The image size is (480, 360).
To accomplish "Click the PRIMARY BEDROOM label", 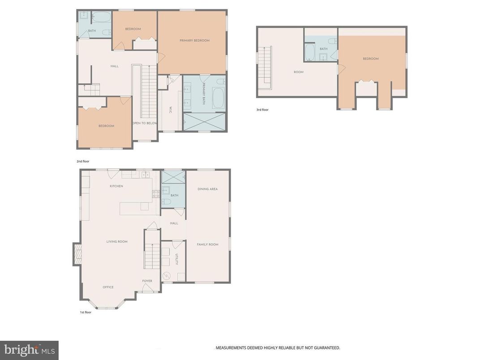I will click(x=194, y=41).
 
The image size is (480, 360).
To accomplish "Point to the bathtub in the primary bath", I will click(x=218, y=99).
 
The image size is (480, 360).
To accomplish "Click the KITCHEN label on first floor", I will click(x=116, y=186).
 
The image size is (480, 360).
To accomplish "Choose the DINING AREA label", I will click(x=207, y=189).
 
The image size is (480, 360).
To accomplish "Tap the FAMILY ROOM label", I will click(x=207, y=244).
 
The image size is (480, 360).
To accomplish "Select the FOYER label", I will click(x=147, y=281).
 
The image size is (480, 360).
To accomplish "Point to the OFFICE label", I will click(x=108, y=287).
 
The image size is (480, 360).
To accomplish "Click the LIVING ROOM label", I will click(x=117, y=242).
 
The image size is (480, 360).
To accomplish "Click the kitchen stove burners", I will click(x=156, y=194).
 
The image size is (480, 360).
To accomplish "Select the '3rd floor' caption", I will click(x=262, y=109).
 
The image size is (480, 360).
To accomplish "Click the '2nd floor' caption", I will click(x=83, y=161).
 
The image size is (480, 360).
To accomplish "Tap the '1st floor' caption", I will click(x=85, y=312).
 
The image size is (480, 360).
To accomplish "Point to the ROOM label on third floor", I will click(x=298, y=72).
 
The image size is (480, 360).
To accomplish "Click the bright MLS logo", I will click(x=29, y=350).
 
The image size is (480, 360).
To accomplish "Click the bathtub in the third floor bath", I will click(x=310, y=52).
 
